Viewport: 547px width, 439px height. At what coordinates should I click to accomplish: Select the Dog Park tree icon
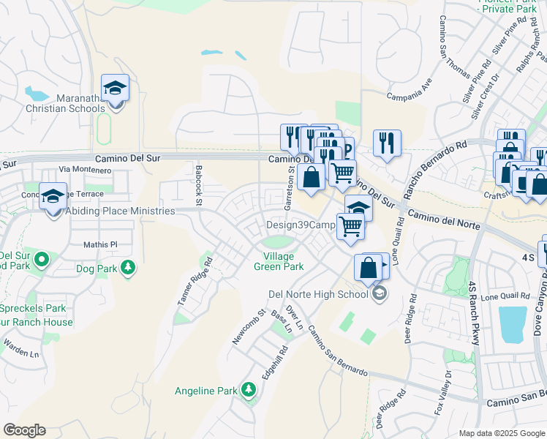129,268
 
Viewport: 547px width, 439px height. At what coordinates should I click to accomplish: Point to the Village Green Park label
279,262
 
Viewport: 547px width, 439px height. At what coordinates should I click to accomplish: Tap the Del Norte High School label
318,294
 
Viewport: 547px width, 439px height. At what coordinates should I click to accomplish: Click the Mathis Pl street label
100,244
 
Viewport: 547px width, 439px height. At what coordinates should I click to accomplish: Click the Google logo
24,430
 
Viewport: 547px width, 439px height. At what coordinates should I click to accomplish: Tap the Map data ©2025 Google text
502,432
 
